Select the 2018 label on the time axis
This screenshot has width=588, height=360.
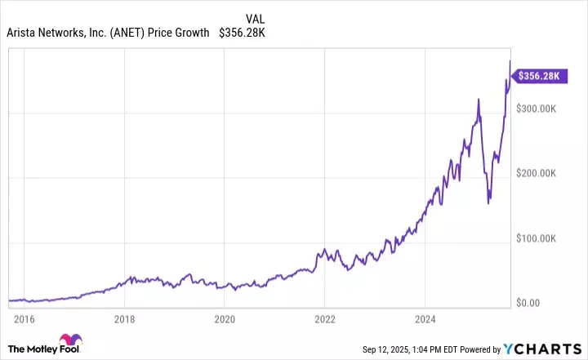tap(124, 319)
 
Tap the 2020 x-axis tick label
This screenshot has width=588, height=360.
tap(225, 319)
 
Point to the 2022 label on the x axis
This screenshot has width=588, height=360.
tap(325, 319)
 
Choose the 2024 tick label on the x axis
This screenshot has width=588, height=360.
tap(425, 319)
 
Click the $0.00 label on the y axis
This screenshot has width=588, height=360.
tap(539, 303)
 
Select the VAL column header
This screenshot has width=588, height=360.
tap(256, 17)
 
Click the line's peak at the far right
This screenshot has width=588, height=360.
tap(510, 60)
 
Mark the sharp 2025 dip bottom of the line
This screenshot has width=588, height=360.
tap(489, 202)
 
